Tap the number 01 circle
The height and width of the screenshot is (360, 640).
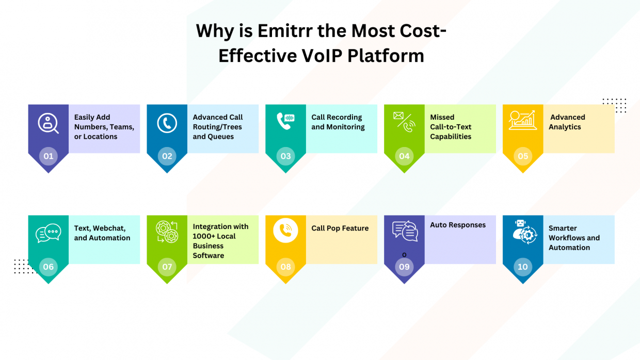click(x=49, y=156)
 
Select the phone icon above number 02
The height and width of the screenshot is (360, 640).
click(x=167, y=124)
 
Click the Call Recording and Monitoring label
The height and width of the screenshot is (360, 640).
click(x=338, y=122)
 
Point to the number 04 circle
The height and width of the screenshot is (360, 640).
click(x=404, y=156)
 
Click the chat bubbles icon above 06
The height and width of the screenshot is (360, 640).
click(x=49, y=234)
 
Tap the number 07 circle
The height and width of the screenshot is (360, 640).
click(x=167, y=267)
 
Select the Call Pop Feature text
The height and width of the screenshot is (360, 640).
click(x=340, y=228)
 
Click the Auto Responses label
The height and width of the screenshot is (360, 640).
click(x=458, y=225)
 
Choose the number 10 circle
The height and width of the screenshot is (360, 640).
click(x=523, y=267)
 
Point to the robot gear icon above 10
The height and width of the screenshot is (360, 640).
click(x=523, y=233)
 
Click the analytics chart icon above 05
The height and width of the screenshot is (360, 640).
click(x=522, y=121)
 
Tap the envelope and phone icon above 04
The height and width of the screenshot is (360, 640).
click(x=404, y=122)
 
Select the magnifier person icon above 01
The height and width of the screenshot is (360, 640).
click(x=48, y=123)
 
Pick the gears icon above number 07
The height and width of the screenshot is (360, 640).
click(x=167, y=232)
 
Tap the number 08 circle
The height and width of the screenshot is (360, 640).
click(x=285, y=267)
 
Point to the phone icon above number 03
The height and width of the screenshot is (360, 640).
click(x=285, y=121)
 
